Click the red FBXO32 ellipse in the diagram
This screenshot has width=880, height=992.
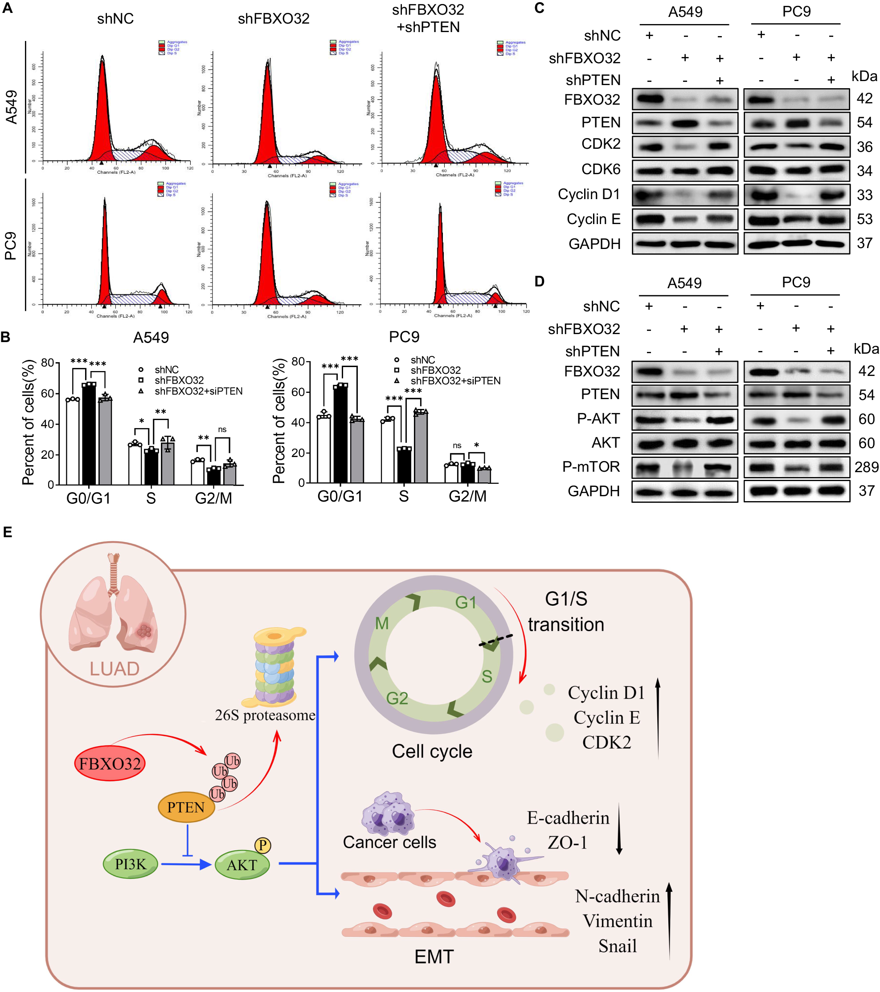point(110,763)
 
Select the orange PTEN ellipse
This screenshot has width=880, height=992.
point(186,807)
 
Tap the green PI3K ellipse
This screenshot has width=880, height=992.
point(130,864)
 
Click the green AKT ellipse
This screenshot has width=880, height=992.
point(241,865)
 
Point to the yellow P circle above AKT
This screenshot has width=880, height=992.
point(262,845)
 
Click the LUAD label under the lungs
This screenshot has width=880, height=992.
point(115,669)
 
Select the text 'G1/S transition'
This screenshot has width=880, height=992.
point(566,612)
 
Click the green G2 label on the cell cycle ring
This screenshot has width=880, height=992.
point(397,698)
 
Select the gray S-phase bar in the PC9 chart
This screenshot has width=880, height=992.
point(420,446)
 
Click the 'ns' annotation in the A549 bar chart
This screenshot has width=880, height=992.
point(222,429)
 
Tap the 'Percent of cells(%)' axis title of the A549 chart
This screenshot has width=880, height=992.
point(28,422)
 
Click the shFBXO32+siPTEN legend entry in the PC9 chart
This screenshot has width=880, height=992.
point(455,381)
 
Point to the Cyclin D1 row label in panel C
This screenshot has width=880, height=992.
point(589,194)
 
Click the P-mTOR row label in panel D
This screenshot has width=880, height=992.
point(591,466)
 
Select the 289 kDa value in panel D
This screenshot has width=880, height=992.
point(866,467)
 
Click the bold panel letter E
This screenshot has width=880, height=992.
point(7,532)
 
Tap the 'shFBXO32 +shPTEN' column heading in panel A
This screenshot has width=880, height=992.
point(428,18)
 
